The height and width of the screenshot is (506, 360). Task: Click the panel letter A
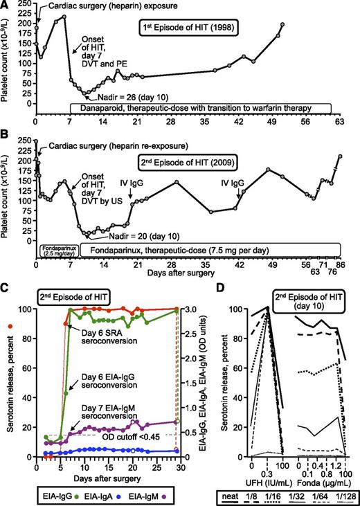(x=6, y=6)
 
